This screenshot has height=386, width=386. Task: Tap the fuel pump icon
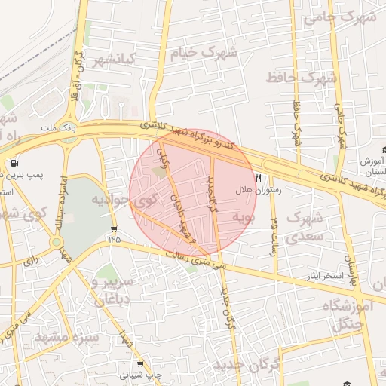(x=14, y=163)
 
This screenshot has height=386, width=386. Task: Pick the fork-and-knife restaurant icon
(x=259, y=179)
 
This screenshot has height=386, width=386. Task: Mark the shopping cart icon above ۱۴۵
(x=113, y=229)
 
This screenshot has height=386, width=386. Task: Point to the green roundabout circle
(x=57, y=242)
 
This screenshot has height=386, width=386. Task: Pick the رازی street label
(x=30, y=260)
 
